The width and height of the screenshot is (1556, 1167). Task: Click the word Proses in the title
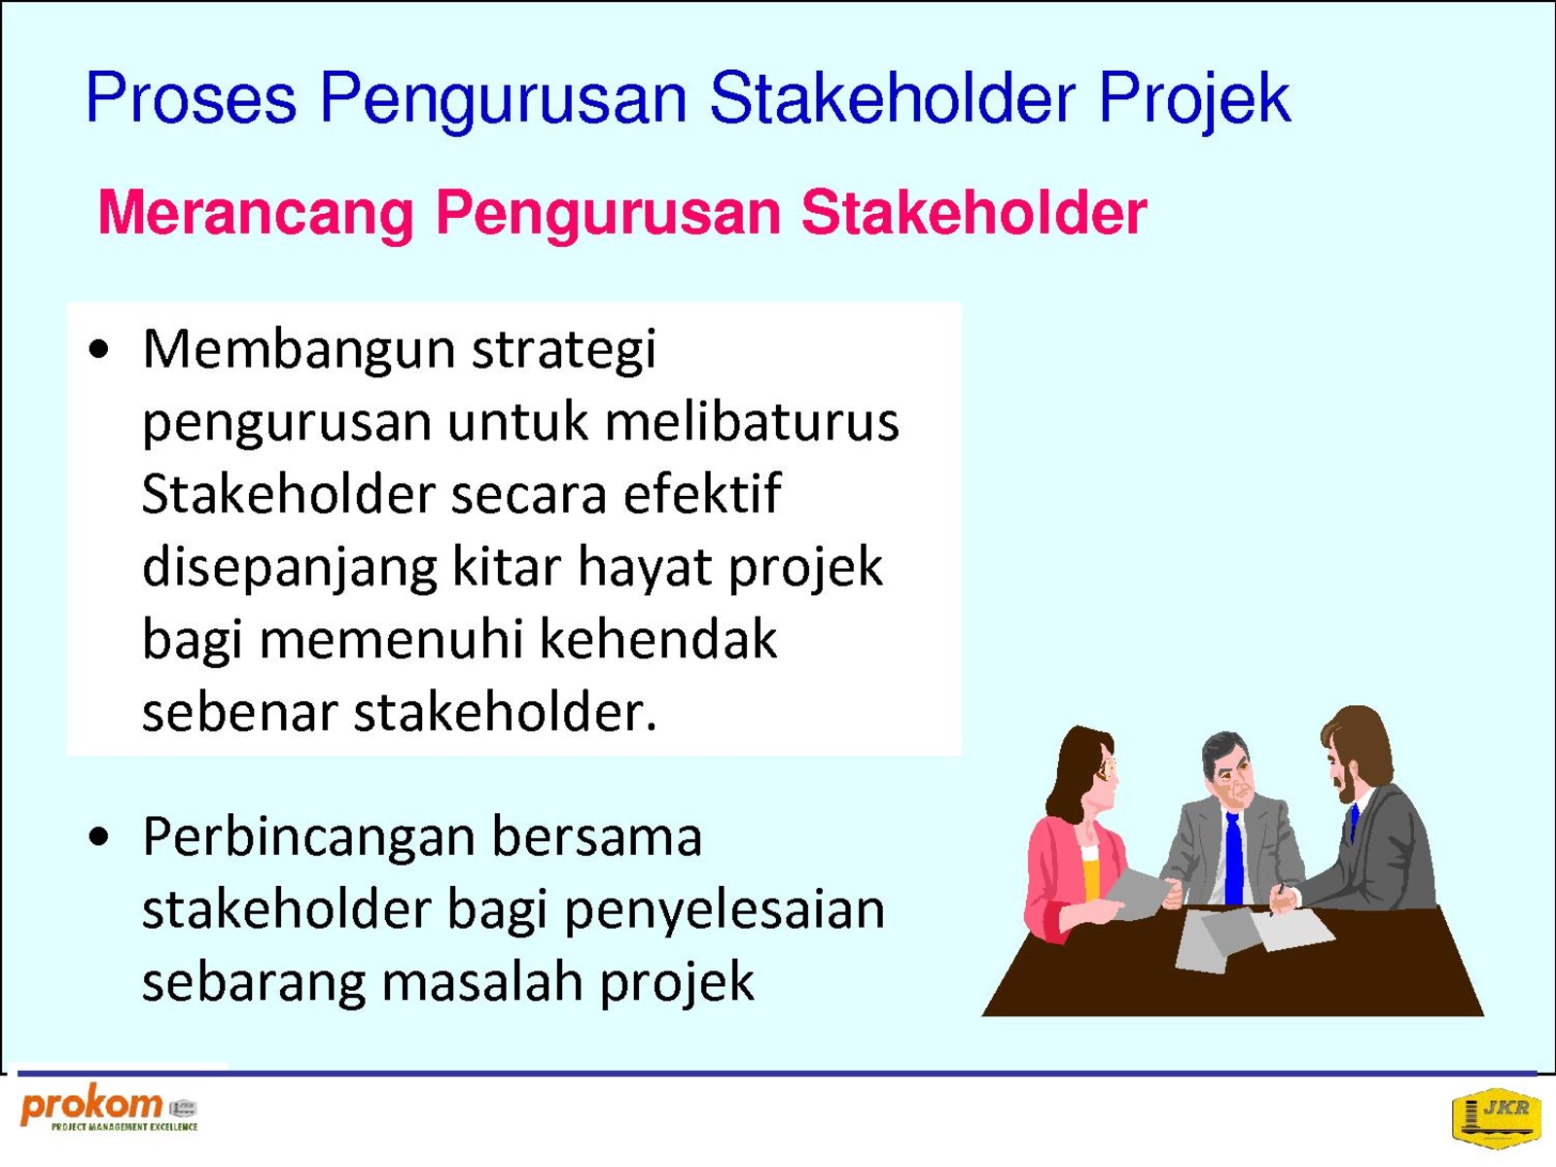click(x=190, y=98)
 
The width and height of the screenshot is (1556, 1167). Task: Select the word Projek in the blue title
click(x=1194, y=100)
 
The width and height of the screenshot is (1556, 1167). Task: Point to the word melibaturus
click(x=752, y=421)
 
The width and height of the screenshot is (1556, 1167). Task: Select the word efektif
click(x=702, y=493)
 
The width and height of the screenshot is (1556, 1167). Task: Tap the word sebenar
click(x=239, y=713)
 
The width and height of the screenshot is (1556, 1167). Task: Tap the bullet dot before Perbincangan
click(x=99, y=836)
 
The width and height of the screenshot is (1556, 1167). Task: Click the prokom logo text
click(x=91, y=1106)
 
